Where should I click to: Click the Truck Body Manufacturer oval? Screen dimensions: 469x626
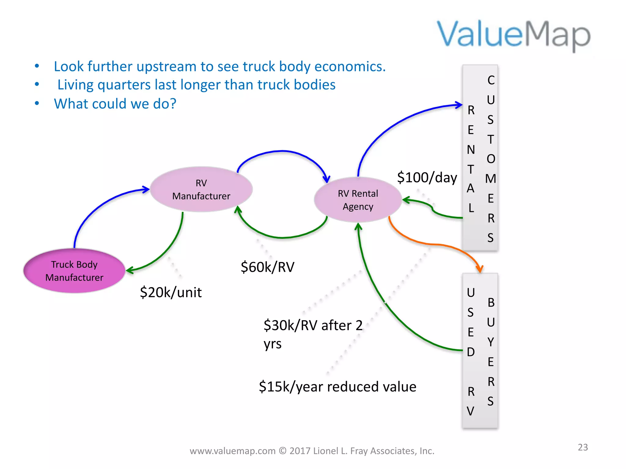[x=74, y=271]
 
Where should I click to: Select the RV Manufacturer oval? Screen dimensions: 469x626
[x=201, y=189]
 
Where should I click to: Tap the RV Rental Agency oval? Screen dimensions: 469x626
[x=358, y=200]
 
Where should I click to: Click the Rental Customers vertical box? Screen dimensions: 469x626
[x=480, y=158]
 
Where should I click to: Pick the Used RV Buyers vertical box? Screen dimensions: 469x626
[x=480, y=351]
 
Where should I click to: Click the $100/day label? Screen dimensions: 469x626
[x=427, y=178]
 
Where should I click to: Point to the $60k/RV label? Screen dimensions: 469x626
[x=267, y=267]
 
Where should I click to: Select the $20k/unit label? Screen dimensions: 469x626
[x=171, y=293]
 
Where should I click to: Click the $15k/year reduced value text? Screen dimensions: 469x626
[x=337, y=387]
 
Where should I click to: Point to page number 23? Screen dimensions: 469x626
[x=583, y=447]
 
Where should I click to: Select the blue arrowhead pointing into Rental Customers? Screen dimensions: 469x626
[x=459, y=105]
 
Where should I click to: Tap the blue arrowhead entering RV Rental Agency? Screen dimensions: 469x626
[x=327, y=179]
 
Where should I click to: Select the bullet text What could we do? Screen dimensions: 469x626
[x=115, y=104]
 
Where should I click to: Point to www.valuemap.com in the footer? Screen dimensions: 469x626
[x=232, y=451]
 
